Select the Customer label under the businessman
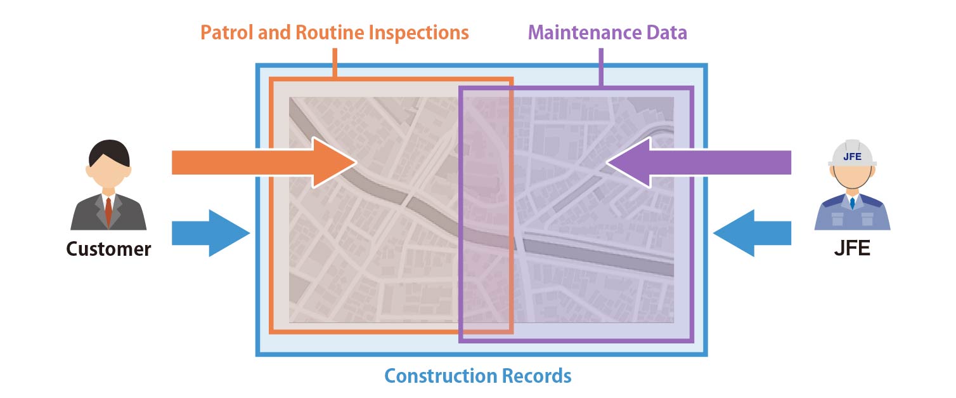point(109,248)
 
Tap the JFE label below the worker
point(852,248)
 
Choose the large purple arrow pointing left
point(697,163)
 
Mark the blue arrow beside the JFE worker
point(751,233)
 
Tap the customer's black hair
point(108,151)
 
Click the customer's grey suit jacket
point(86,216)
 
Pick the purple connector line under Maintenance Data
point(601,67)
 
